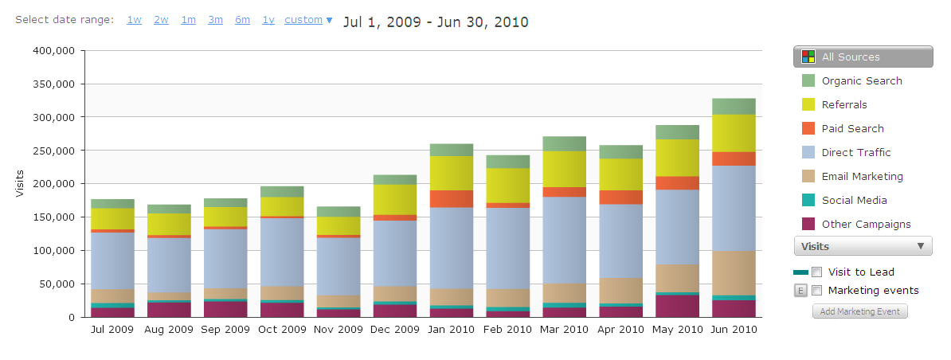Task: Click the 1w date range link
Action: tap(134, 20)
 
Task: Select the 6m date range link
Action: tap(242, 20)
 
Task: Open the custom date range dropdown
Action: tap(308, 20)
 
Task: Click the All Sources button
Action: tap(863, 57)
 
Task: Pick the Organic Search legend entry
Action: tap(861, 80)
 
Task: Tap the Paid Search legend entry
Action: tap(852, 128)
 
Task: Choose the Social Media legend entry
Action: tap(854, 200)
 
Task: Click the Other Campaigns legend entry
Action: tap(866, 224)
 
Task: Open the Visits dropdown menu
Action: tap(863, 246)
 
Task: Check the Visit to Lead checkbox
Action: tap(816, 272)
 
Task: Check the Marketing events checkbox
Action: tap(816, 290)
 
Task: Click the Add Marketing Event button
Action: tap(859, 311)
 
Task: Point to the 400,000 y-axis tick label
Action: tap(53, 50)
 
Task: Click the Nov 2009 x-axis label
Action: tap(338, 329)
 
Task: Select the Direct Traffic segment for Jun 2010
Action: tap(734, 208)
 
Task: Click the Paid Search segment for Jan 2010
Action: tap(452, 198)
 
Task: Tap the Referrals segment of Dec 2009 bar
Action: tap(396, 199)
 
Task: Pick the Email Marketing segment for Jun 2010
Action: tap(734, 273)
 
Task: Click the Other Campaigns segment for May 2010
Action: tap(678, 306)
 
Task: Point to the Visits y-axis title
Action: tap(20, 182)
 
